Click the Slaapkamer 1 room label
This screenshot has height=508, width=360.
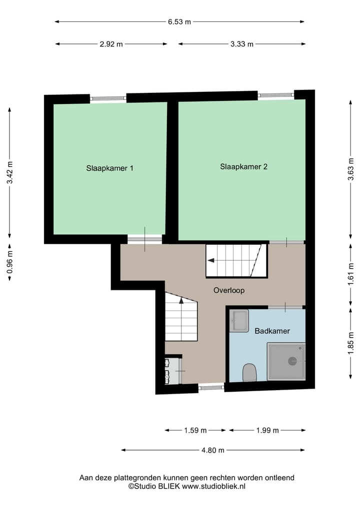(109, 168)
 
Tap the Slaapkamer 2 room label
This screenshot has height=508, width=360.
(243, 167)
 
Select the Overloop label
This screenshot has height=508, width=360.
(229, 290)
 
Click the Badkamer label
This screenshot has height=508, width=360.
(272, 331)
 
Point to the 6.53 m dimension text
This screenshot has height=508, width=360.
(179, 21)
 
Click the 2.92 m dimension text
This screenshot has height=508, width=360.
(111, 44)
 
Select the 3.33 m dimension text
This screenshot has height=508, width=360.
(242, 44)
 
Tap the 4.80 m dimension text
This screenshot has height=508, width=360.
(212, 450)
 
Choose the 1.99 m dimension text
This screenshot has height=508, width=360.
(267, 430)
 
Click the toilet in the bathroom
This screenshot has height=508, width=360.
(249, 373)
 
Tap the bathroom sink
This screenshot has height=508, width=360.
(239, 321)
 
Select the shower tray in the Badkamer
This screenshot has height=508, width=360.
(286, 361)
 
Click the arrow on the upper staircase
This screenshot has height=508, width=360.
(211, 260)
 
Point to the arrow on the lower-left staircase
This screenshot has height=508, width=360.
(181, 301)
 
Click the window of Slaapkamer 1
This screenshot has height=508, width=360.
(108, 99)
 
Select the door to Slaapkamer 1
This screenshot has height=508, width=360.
(144, 240)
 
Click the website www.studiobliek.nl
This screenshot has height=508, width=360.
(213, 486)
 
